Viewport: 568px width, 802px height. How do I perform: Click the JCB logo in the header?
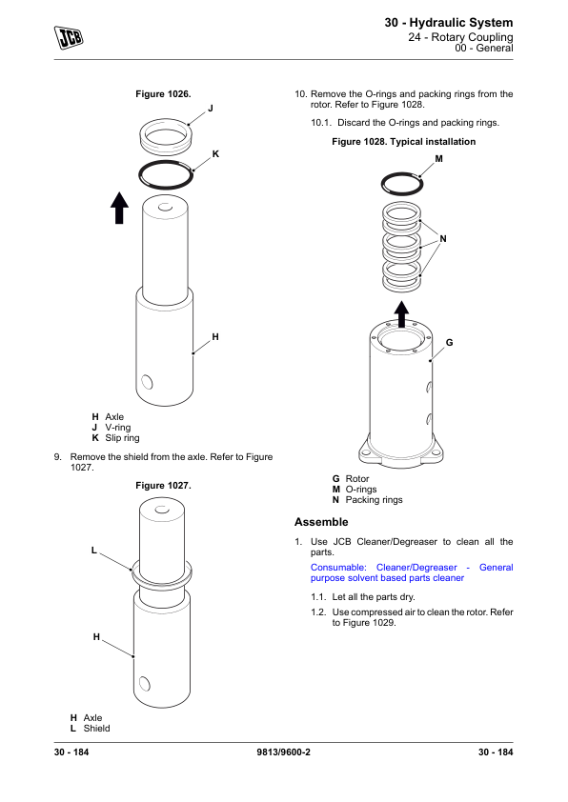click(69, 37)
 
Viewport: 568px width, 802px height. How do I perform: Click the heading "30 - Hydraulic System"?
click(449, 23)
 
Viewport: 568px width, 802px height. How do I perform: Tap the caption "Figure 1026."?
click(163, 94)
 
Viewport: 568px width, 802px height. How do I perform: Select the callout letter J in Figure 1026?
click(211, 109)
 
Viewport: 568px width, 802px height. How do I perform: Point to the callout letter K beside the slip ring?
click(215, 154)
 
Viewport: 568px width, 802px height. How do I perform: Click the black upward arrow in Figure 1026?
click(119, 208)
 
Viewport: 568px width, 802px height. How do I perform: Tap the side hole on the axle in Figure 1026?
click(147, 382)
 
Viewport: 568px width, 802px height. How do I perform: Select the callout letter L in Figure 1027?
click(93, 551)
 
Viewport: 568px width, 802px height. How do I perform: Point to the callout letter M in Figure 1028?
click(438, 159)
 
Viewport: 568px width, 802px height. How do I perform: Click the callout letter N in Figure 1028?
click(443, 239)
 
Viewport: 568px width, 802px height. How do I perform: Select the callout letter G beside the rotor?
click(449, 343)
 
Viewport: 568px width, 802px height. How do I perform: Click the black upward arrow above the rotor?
click(401, 314)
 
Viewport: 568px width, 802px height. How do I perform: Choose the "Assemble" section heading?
click(321, 522)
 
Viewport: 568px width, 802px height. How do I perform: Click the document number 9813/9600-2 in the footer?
click(283, 752)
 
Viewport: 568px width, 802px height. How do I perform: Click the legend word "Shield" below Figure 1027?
click(96, 729)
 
